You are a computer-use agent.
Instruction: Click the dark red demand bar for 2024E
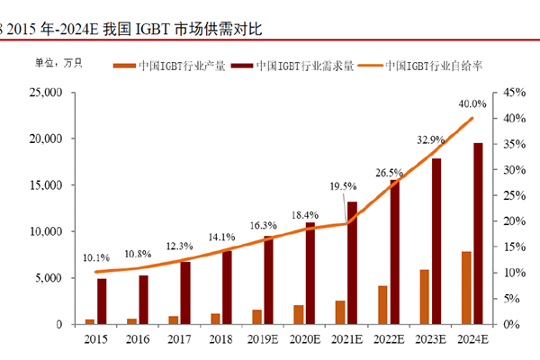tap(478, 233)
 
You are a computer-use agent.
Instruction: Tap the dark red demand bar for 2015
tap(102, 301)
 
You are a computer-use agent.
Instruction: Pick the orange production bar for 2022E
tap(382, 304)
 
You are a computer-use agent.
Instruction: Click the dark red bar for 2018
tap(227, 287)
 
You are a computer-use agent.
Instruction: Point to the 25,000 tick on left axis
tap(44, 93)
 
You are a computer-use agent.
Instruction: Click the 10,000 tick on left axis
tap(44, 231)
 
